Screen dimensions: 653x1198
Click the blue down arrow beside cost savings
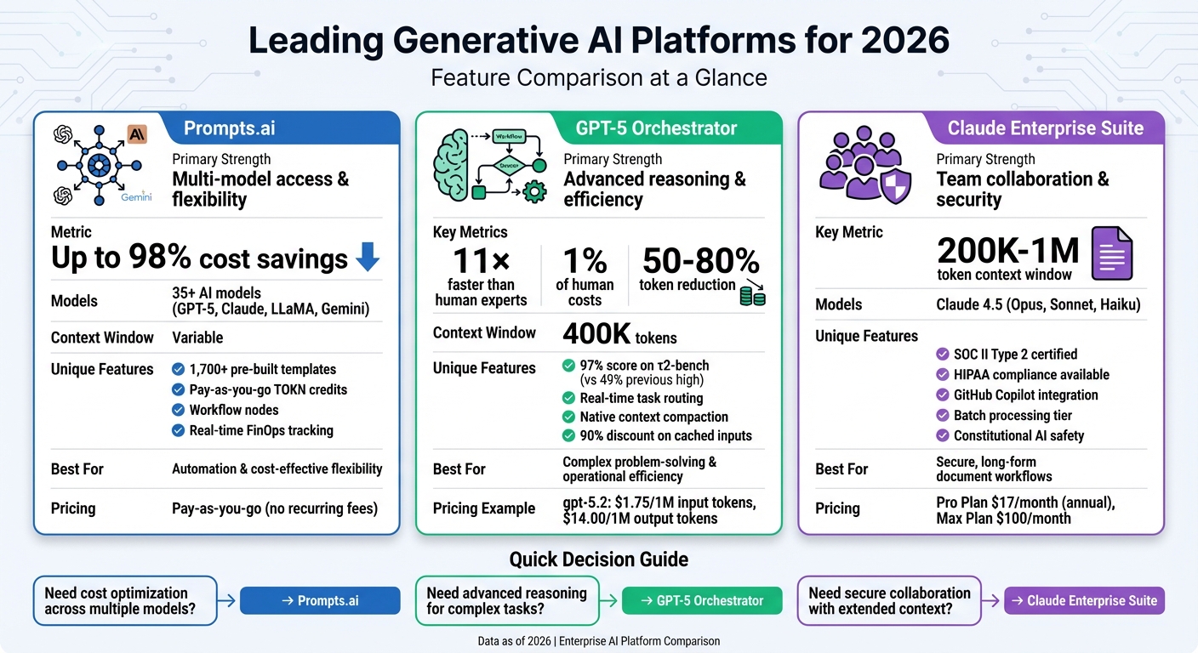click(x=368, y=257)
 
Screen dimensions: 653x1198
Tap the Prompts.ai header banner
click(x=230, y=128)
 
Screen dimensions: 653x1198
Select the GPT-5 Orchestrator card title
click(x=656, y=128)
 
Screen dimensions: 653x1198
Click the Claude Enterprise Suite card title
click(x=1046, y=128)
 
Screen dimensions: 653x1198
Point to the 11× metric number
click(x=481, y=261)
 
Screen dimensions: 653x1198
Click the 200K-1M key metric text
click(x=1008, y=251)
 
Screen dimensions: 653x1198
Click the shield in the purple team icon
click(x=896, y=183)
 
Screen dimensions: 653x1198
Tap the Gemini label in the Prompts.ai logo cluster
click(x=136, y=196)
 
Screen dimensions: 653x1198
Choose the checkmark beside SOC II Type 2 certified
click(x=942, y=355)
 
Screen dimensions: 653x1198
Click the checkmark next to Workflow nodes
click(x=178, y=410)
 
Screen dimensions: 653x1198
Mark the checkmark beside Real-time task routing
click(x=568, y=398)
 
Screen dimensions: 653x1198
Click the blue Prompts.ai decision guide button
click(x=320, y=600)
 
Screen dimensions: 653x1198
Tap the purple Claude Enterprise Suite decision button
click(x=1084, y=600)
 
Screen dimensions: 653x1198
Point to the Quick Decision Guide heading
click(x=599, y=559)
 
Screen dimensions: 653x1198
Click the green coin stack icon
click(x=752, y=295)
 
